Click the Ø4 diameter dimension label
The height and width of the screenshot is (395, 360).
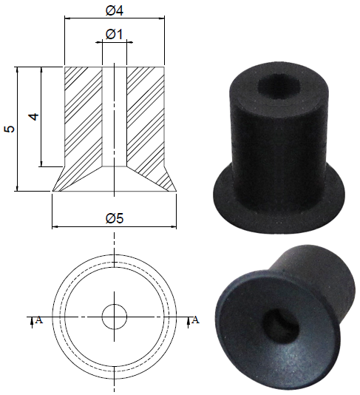point(114,11)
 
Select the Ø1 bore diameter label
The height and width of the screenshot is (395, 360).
point(114,34)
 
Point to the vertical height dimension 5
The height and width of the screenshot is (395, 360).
point(10,129)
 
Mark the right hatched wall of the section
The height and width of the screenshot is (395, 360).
point(145,115)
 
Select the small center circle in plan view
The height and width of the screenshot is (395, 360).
point(114,316)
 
